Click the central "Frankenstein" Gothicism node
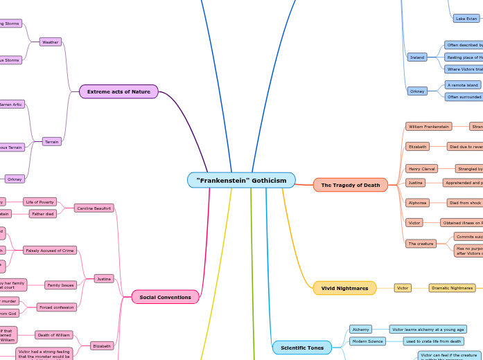click(x=241, y=180)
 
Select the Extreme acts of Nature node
click(x=118, y=91)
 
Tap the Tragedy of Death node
click(x=350, y=185)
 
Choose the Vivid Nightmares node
click(x=344, y=288)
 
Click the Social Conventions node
click(x=165, y=297)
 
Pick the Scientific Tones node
click(x=301, y=348)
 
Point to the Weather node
click(x=51, y=42)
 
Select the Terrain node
click(x=51, y=141)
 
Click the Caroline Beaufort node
click(x=94, y=208)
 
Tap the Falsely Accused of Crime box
click(x=50, y=250)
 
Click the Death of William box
click(x=53, y=334)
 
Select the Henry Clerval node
click(x=421, y=168)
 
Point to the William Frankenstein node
click(x=428, y=127)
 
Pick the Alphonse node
click(x=417, y=203)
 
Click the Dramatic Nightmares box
click(x=452, y=287)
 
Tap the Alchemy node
click(x=360, y=329)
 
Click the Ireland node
click(x=417, y=57)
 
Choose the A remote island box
click(x=462, y=84)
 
